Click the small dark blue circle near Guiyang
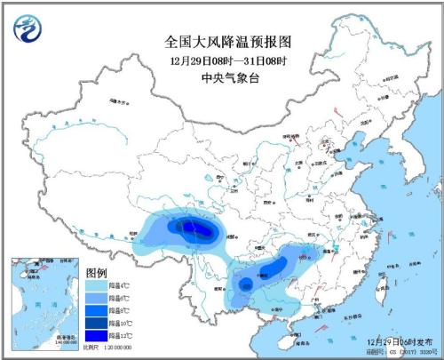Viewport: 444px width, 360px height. click(x=246, y=284)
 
